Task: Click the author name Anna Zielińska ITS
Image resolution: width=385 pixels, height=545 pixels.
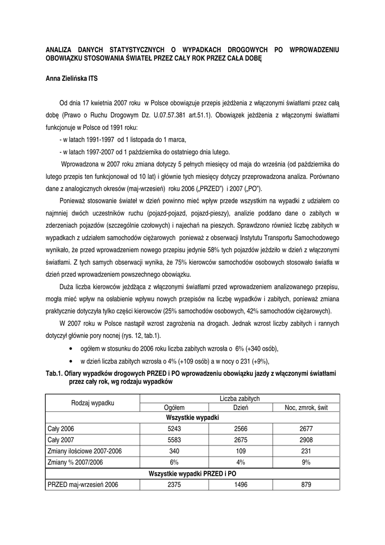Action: point(71,79)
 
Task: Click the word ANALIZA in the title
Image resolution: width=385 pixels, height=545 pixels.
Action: point(58,49)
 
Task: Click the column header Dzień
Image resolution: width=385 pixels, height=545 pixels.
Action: point(241,408)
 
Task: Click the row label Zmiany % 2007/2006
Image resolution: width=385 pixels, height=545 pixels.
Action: point(74,462)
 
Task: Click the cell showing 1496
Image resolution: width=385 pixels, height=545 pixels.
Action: point(241,484)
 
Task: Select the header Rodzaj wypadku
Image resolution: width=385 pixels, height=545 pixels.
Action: point(93,403)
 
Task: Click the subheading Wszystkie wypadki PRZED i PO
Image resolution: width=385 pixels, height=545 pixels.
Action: point(192,473)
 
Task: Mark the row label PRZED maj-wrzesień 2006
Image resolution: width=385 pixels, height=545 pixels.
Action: point(82,484)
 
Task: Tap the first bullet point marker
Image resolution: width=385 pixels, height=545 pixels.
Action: point(71,348)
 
